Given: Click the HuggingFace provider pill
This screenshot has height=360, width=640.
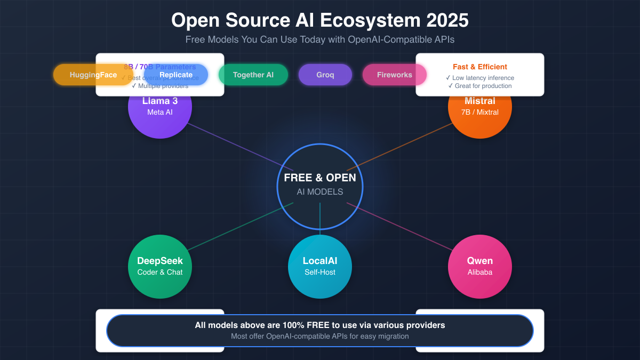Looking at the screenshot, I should click(93, 75).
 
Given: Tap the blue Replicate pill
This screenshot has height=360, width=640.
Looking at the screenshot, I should click(176, 75).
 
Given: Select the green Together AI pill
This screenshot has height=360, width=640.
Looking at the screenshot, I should click(253, 75).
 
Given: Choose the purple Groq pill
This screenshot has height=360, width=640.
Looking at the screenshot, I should click(325, 75).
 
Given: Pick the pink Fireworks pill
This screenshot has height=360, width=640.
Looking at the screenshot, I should click(394, 75).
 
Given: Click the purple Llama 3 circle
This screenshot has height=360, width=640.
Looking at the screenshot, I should click(160, 115).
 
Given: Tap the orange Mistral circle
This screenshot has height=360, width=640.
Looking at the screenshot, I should click(480, 115).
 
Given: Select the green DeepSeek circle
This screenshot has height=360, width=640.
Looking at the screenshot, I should click(160, 266).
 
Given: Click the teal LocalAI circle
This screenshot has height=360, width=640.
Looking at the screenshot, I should click(320, 266).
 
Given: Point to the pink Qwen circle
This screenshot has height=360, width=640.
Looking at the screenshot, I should click(480, 266).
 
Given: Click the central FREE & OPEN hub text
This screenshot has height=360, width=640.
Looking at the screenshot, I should click(320, 178).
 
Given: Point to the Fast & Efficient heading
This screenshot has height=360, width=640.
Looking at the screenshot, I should click(480, 67).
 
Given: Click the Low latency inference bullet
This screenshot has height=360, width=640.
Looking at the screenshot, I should click(480, 78).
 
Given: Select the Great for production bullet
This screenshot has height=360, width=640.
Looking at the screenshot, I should click(480, 86).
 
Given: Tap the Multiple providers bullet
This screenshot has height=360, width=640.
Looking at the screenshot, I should click(160, 86).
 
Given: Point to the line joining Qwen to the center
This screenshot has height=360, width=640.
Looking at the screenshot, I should click(400, 226).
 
